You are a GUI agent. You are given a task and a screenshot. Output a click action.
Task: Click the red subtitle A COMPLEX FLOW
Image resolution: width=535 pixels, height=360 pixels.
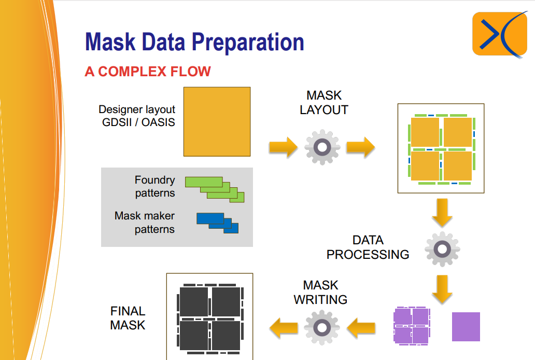tap(148, 72)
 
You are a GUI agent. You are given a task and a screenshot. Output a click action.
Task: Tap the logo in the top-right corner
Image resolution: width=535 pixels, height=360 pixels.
tap(499, 34)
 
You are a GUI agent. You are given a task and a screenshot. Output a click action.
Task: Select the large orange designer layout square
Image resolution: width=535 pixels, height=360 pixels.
tap(217, 121)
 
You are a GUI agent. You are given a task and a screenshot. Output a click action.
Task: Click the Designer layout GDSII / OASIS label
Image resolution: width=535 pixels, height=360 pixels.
tap(137, 116)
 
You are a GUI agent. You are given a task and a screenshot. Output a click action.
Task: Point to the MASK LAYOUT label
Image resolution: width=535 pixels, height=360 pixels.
tap(324, 103)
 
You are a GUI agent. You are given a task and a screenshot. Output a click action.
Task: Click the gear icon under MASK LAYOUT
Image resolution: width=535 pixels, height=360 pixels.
tap(322, 147)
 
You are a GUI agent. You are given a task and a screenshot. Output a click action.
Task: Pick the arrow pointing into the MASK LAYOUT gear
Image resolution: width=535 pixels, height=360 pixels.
tap(283, 147)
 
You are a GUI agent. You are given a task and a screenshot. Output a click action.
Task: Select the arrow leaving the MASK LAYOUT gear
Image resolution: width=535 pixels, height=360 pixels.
tap(360, 147)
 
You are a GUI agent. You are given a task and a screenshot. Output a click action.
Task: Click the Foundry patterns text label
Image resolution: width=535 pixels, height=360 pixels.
tap(155, 187)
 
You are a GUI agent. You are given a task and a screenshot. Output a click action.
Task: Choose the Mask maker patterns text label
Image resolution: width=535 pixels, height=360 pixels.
tap(145, 223)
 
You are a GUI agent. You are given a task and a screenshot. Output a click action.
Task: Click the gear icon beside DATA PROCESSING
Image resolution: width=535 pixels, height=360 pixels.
tap(442, 249)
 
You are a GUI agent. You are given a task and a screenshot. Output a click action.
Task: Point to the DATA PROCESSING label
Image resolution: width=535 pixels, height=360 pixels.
tap(368, 247)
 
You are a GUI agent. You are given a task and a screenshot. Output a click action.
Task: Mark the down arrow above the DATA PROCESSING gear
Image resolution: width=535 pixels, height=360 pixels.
tap(442, 212)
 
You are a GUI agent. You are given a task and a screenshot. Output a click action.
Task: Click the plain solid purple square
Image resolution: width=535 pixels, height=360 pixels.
tap(466, 327)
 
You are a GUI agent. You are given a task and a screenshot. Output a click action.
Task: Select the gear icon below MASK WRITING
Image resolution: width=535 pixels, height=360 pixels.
tap(322, 327)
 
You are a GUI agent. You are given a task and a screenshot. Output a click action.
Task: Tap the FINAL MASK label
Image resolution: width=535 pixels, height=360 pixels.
tap(128, 318)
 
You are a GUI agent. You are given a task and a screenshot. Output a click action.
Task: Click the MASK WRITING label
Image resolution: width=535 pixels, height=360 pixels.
tap(320, 292)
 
